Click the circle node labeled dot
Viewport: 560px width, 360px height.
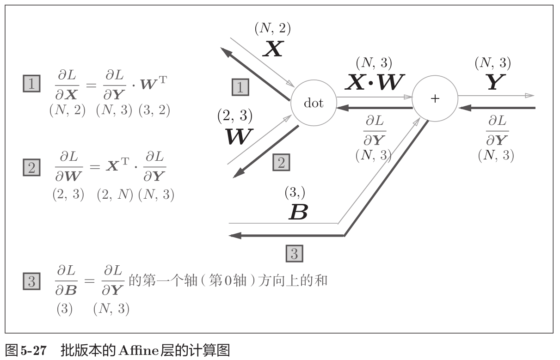pos(314,103)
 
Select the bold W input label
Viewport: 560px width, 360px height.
pos(239,136)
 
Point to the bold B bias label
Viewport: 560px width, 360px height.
pos(298,212)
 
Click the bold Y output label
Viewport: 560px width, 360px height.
pos(494,82)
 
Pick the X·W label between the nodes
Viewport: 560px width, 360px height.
pos(374,82)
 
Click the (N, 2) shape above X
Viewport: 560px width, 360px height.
pos(272,29)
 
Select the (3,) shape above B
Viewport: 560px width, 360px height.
pos(294,192)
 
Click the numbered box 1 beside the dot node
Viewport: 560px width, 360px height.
pos(240,87)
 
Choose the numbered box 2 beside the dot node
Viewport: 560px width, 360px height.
pos(281,163)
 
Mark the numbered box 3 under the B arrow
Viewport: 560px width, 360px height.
pos(295,253)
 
